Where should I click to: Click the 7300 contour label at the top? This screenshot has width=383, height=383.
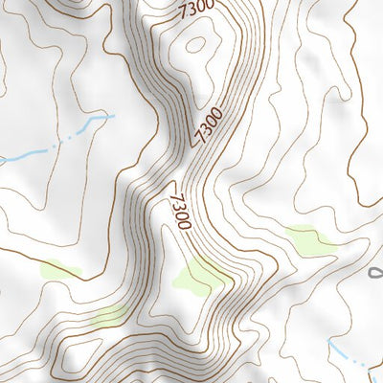coord(195,11)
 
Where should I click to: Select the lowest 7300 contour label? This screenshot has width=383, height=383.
coord(179,209)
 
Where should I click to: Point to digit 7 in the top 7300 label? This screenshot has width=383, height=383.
coord(183,16)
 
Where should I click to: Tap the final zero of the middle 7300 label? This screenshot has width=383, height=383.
coord(216,113)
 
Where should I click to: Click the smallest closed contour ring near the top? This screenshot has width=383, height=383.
coord(196,42)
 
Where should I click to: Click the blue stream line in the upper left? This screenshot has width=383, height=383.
coord(48,146)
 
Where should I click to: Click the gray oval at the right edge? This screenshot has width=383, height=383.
coord(376,275)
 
